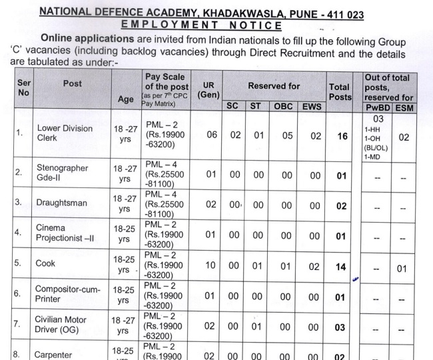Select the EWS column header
(311, 106)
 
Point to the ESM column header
(404, 107)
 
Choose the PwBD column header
(378, 107)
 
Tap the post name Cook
(45, 263)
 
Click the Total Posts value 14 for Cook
(341, 266)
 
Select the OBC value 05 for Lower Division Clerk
(286, 135)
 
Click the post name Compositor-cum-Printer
(66, 293)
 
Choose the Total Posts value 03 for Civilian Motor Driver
(341, 327)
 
